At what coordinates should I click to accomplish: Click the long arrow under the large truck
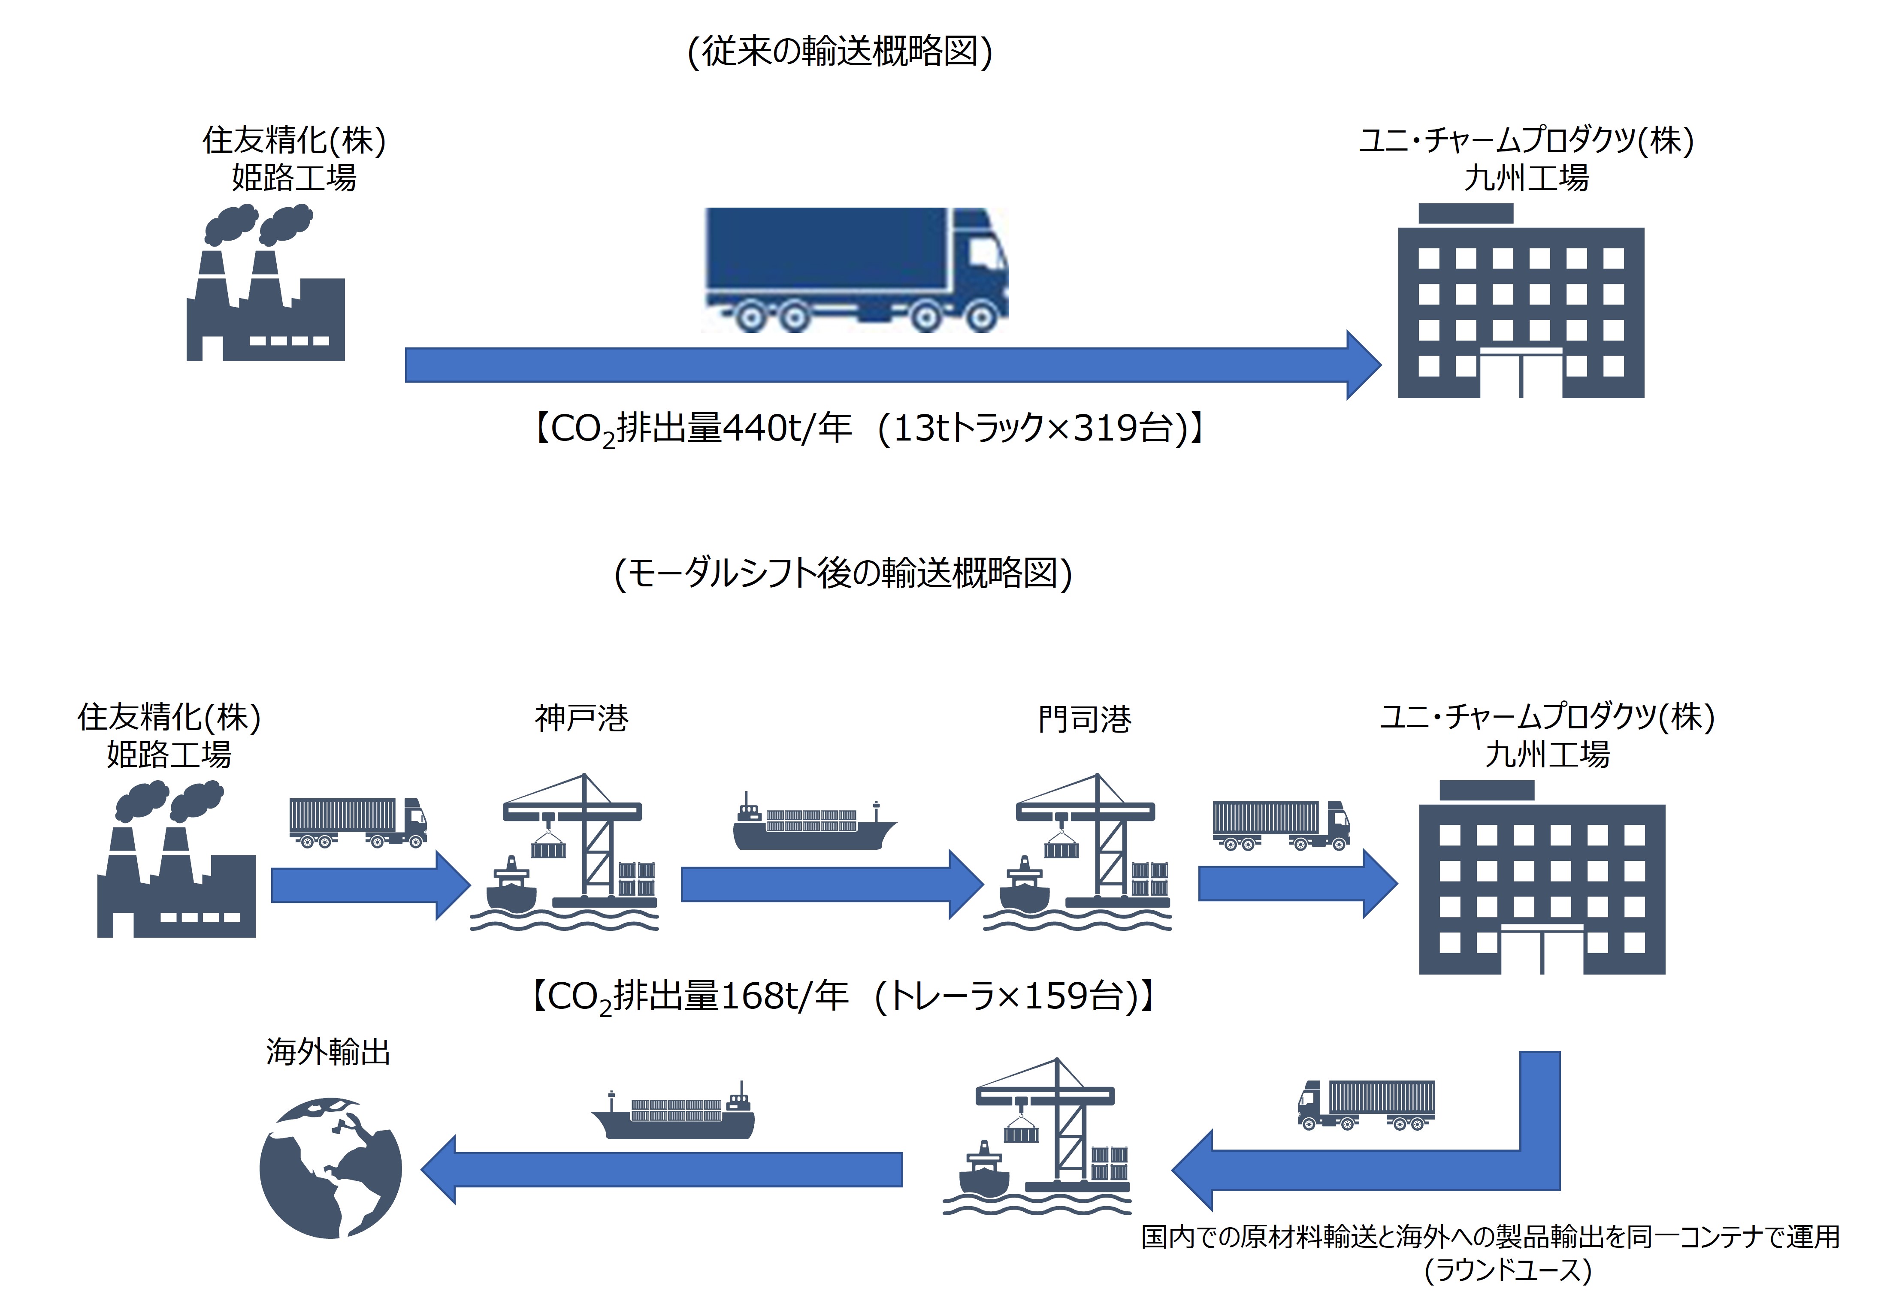[x=889, y=365]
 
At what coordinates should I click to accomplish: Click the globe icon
[x=331, y=1167]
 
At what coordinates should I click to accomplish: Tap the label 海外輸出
[x=328, y=1052]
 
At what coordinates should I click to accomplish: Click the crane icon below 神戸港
[x=568, y=852]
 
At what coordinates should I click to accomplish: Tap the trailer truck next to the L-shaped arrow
[x=1367, y=1105]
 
